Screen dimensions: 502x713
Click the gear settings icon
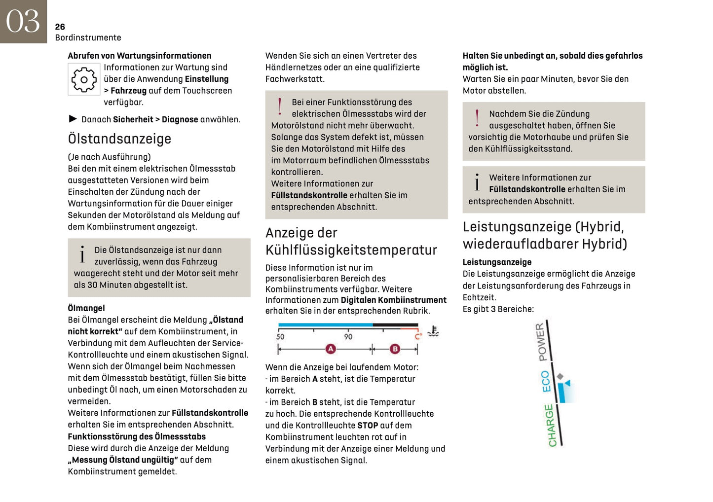84,79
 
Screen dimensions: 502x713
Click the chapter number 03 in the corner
23,22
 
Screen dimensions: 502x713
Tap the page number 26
60,27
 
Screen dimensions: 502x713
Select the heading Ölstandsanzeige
119,139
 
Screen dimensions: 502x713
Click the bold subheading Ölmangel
86,308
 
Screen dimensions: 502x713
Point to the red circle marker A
331,349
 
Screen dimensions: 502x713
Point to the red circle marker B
395,349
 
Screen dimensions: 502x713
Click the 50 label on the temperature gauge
280,337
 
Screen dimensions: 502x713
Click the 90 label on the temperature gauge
348,337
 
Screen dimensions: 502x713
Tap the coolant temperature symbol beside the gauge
433,331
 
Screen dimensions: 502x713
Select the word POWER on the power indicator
541,342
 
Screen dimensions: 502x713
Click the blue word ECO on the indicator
546,382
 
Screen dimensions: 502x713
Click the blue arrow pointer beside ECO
567,383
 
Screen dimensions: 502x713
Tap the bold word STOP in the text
368,426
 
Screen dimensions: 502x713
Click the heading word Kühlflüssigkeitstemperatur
351,251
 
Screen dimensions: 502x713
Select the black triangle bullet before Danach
73,119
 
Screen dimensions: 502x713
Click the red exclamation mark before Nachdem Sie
477,118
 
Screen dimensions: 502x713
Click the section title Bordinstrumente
88,37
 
